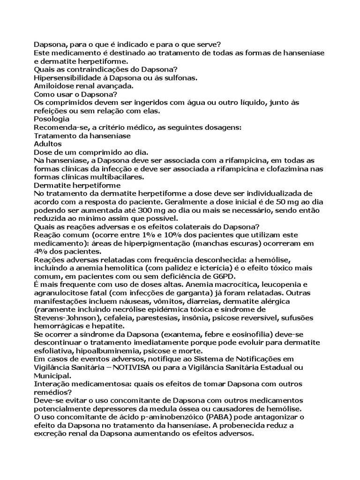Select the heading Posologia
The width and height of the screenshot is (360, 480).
click(x=52, y=119)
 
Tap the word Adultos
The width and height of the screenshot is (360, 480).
click(x=48, y=144)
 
